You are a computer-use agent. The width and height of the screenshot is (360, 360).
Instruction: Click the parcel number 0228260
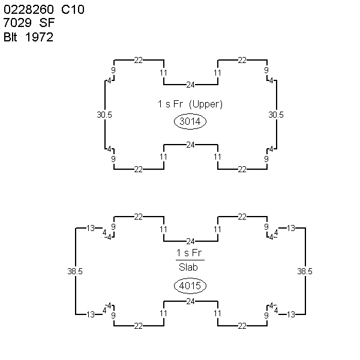[x=29, y=10]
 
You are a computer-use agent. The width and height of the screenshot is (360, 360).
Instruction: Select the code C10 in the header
[x=73, y=10]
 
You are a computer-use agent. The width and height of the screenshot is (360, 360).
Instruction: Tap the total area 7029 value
[x=17, y=23]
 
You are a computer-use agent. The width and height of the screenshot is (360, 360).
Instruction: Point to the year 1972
[x=39, y=37]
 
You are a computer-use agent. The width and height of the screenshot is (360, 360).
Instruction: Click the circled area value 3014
[x=190, y=121]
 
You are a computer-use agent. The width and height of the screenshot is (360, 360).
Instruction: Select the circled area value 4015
[x=190, y=286]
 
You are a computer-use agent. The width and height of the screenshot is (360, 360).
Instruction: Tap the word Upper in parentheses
[x=206, y=104]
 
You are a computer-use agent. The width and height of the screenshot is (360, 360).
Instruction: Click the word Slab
[x=188, y=267]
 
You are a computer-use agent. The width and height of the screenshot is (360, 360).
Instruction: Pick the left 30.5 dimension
[x=104, y=115]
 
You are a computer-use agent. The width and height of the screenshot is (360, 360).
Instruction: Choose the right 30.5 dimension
[x=276, y=115]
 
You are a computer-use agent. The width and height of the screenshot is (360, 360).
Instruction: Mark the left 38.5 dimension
[x=75, y=271]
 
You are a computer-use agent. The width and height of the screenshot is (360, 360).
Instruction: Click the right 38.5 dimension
[x=305, y=271]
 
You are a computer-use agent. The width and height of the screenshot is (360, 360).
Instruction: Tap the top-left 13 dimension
[x=91, y=228]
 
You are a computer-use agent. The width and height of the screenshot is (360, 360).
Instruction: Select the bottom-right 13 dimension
[x=291, y=314]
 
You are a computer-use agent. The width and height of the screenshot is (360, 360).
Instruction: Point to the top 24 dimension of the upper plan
[x=190, y=85]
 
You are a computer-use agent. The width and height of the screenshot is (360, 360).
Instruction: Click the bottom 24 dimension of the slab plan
[x=190, y=301]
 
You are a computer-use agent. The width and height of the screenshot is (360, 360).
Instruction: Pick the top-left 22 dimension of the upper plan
[x=139, y=60]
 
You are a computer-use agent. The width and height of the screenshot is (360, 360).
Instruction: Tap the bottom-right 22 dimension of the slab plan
[x=242, y=326]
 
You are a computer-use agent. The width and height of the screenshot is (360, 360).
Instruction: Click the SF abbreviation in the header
[x=47, y=23]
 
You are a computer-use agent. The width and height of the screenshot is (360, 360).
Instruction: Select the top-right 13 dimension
[x=291, y=228]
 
